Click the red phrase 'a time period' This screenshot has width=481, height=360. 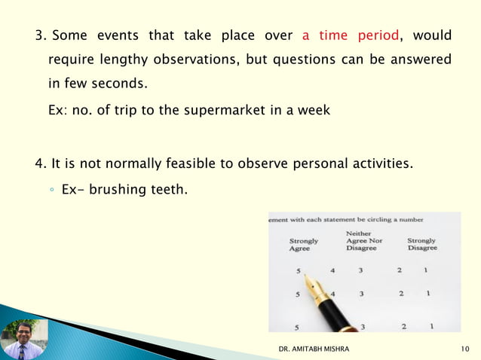[x=350, y=35]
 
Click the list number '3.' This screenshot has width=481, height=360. [x=41, y=35]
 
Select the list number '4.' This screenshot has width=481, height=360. [x=41, y=163]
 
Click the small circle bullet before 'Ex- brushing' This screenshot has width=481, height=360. [x=51, y=190]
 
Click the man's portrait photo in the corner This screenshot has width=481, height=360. [x=22, y=340]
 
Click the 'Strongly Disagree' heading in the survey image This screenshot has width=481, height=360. [x=421, y=245]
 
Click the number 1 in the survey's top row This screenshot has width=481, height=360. [x=426, y=270]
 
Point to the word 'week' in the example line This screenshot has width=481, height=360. [x=314, y=110]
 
